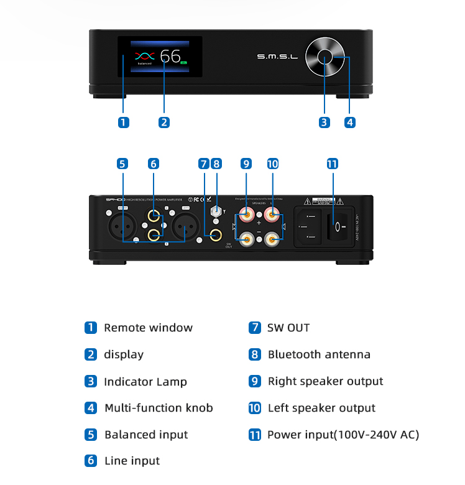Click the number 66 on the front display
(170, 56)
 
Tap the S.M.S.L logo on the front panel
(278, 57)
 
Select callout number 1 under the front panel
(124, 122)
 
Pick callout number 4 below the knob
(350, 122)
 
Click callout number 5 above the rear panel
(122, 164)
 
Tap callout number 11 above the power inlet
(333, 164)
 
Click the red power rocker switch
(336, 228)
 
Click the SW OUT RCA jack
(216, 235)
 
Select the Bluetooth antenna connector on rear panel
(216, 211)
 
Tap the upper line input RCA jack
(153, 217)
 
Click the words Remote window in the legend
(148, 328)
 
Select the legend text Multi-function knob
(159, 408)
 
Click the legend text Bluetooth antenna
(319, 354)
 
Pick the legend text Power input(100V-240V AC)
(343, 435)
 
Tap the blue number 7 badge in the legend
(254, 328)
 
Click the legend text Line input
(132, 461)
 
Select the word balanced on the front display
(145, 63)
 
